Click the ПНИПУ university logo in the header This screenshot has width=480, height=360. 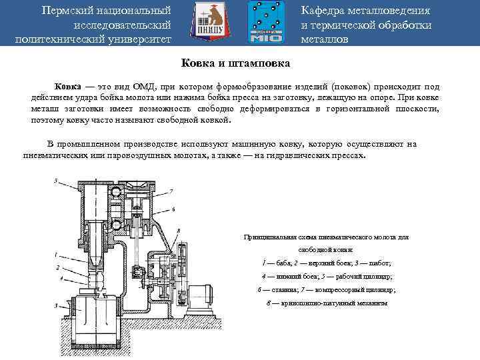tap(208, 23)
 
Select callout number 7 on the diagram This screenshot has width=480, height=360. tap(171, 191)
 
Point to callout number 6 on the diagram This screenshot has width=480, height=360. tap(173, 209)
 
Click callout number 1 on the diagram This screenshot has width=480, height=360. tap(56, 254)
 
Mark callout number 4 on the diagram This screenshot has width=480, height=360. tap(57, 281)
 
